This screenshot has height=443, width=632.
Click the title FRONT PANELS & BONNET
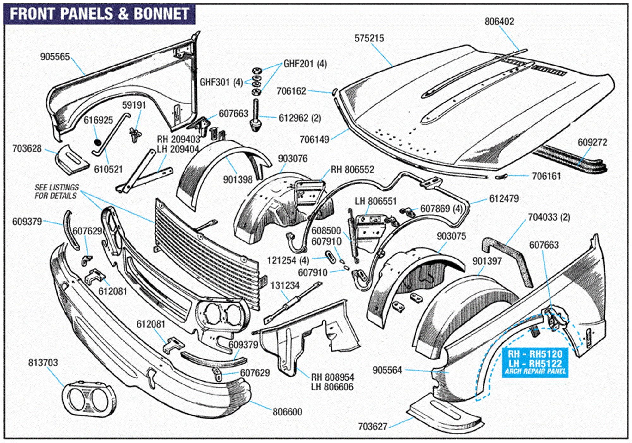click(100, 14)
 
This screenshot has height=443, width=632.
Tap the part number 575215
click(369, 38)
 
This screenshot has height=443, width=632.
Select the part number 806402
click(499, 22)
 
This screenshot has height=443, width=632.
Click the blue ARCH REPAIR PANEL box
click(535, 363)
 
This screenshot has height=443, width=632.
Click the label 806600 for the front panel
click(287, 412)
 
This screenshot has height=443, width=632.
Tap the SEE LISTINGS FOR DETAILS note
click(56, 191)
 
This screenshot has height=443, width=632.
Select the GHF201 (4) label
click(305, 64)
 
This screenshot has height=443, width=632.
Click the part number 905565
click(55, 57)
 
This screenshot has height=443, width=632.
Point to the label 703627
click(373, 427)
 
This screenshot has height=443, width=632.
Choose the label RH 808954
click(332, 377)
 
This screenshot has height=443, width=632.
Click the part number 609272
click(592, 142)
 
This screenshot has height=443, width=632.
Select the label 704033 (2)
click(549, 217)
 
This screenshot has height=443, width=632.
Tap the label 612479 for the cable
click(504, 198)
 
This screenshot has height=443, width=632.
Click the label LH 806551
click(376, 201)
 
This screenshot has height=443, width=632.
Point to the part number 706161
click(546, 176)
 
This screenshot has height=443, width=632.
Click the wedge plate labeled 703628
click(72, 160)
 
